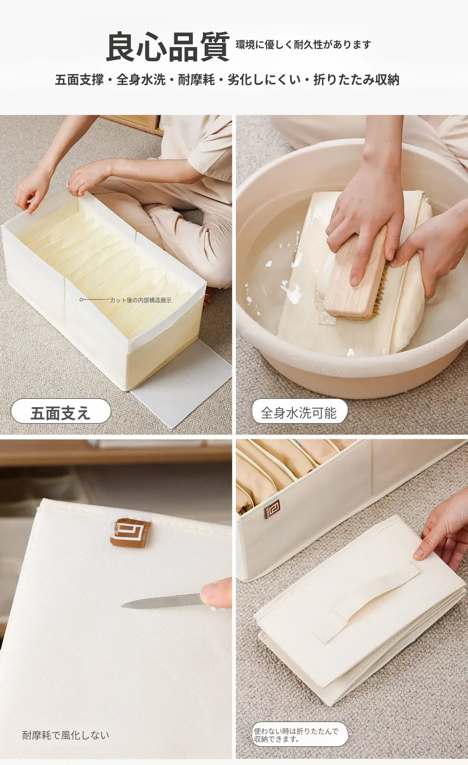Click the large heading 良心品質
click(168, 47)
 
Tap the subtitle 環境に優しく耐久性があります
click(303, 45)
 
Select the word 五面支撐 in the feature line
click(79, 80)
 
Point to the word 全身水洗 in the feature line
click(141, 80)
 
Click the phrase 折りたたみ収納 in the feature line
click(356, 80)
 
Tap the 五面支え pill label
click(61, 413)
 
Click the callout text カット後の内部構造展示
click(141, 300)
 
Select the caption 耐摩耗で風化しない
click(66, 735)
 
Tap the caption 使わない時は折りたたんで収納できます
click(296, 735)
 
